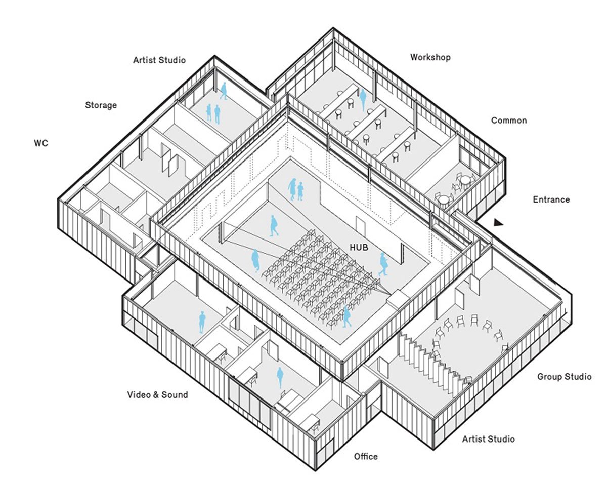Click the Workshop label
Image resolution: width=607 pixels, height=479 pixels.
tap(430, 57)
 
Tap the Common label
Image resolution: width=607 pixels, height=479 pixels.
tap(509, 121)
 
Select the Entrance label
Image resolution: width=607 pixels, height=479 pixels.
tap(551, 199)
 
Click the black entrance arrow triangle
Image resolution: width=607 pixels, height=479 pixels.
tap(499, 222)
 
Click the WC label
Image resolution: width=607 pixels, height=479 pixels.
tap(41, 143)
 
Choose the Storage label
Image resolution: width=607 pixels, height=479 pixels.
tap(101, 105)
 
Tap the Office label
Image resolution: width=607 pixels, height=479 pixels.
tap(365, 456)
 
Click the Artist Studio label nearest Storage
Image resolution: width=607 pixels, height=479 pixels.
tap(159, 60)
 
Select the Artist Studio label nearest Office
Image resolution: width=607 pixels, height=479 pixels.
tap(488, 438)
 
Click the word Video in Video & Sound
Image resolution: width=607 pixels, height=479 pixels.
tap(138, 394)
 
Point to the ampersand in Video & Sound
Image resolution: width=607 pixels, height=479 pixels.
tap(155, 394)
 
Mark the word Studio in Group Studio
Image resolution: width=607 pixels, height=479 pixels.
tap(578, 377)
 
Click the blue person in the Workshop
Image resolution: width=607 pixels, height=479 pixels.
tap(363, 100)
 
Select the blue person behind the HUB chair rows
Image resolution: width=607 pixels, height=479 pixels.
tap(346, 316)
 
